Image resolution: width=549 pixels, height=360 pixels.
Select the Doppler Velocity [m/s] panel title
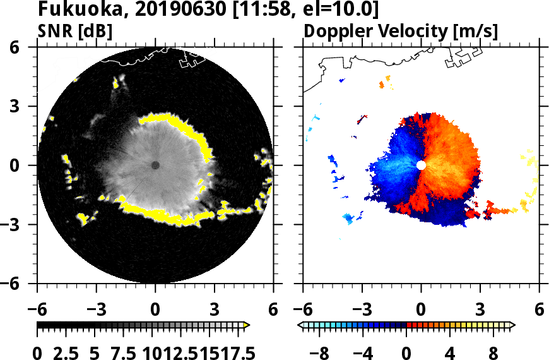401,31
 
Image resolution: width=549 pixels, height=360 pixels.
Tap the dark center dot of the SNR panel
155,165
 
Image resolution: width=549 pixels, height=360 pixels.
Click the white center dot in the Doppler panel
421,165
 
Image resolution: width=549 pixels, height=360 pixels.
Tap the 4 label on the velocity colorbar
450,351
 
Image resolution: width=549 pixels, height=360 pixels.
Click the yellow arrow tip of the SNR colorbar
247,325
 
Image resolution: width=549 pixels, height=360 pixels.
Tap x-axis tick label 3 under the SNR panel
215,310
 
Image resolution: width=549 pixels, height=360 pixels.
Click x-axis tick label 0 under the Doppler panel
421,310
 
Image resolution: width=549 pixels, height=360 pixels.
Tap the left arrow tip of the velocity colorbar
300,325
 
